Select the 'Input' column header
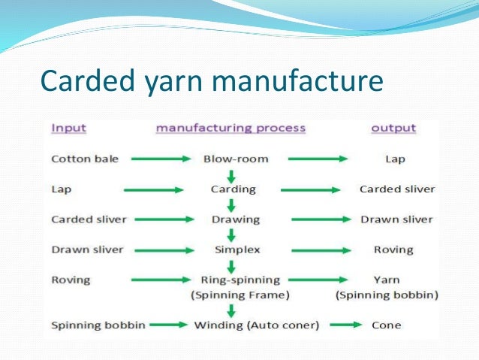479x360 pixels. tap(68, 128)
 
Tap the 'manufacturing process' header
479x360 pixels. tap(230, 128)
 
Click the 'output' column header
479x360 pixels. tap(393, 128)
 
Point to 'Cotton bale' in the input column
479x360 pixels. tap(80, 159)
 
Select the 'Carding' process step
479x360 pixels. tap(232, 189)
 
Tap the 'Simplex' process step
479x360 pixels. tap(232, 250)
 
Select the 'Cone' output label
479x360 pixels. tap(387, 325)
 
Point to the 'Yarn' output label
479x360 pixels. tap(387, 280)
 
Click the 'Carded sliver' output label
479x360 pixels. tap(397, 189)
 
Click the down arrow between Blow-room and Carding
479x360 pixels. tap(232, 174)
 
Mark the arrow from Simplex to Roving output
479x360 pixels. tap(320, 250)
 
